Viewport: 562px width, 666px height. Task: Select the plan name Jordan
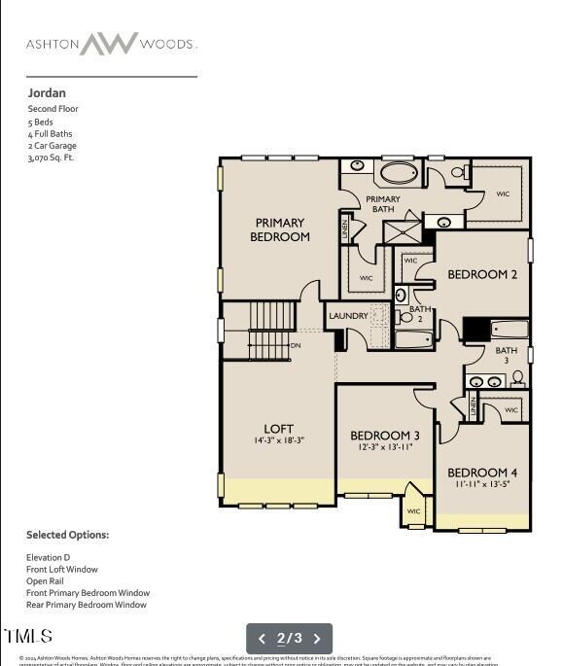tap(47, 93)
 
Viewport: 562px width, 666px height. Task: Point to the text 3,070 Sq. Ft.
tap(51, 158)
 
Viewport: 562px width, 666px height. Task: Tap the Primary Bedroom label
tap(280, 229)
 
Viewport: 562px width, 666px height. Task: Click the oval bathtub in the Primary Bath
tap(397, 174)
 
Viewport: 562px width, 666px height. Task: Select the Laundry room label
tap(348, 316)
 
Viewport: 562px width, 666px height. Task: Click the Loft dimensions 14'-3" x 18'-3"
tap(278, 440)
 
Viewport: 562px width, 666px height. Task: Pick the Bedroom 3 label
tap(385, 435)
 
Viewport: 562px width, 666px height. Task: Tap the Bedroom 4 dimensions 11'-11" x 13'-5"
tap(483, 483)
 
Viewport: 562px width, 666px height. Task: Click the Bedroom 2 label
tap(482, 275)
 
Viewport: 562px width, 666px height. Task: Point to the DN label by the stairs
tap(296, 345)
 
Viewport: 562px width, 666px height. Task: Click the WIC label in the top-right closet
tap(503, 193)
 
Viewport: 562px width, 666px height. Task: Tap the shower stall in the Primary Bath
tap(402, 231)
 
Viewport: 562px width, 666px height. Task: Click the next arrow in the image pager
tap(316, 639)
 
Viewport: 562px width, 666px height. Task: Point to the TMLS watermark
tap(28, 637)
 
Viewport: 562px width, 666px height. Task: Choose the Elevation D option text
tap(48, 558)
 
